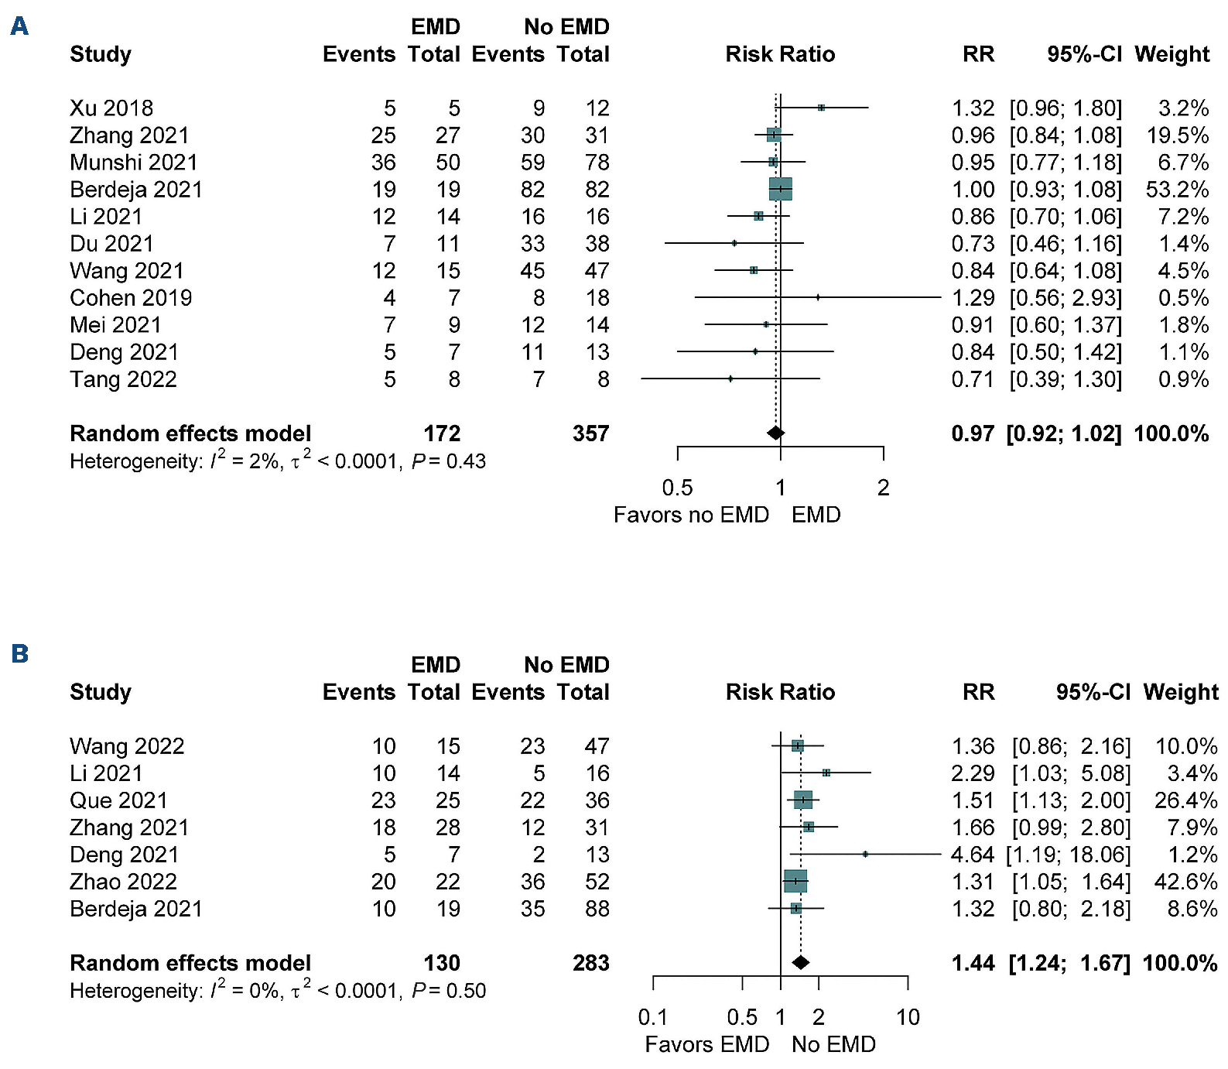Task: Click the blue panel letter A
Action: pos(19,27)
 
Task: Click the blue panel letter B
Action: pos(19,654)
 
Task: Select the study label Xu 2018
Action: pos(111,108)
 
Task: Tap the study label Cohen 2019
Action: pos(131,298)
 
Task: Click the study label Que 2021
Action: pos(118,800)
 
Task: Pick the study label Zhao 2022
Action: pos(123,882)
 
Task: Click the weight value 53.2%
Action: pos(1177,190)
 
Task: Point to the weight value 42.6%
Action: pos(1185,882)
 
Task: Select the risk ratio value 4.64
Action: pos(972,855)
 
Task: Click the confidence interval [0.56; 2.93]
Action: pos(1066,298)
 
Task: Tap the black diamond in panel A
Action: pos(775,433)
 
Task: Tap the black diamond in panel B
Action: pos(801,962)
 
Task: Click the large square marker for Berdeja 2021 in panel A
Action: pos(780,189)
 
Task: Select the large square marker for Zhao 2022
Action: pos(795,881)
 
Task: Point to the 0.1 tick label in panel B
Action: pos(653,1017)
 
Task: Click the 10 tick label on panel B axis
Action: pos(908,1017)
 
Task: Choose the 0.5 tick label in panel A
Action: pos(677,488)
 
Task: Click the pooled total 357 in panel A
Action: pos(590,433)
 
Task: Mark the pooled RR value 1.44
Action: pos(973,963)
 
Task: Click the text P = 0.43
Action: pos(449,461)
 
